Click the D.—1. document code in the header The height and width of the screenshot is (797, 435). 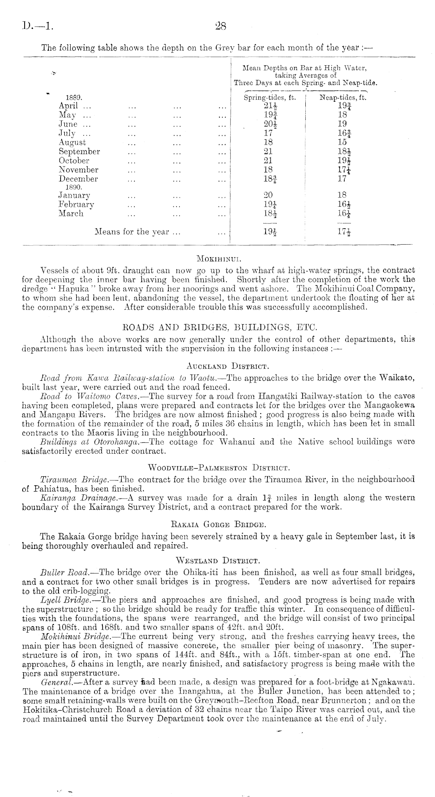point(37,27)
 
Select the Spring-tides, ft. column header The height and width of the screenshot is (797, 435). point(270,98)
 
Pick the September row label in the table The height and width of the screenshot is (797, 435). point(79,152)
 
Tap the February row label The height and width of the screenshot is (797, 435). point(77,204)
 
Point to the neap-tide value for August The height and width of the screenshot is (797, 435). point(342,142)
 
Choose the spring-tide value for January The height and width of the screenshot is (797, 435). point(268,195)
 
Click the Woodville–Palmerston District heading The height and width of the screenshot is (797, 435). point(218,467)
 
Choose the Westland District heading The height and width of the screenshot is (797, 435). point(218,561)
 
